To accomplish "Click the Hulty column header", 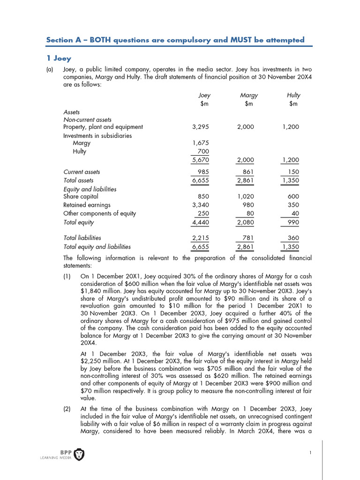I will tap(293, 95).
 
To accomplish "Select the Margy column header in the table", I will tap(248, 95).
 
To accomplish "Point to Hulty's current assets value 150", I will tap(293, 172).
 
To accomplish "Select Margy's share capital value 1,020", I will tap(246, 197).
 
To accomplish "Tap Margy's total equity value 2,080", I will tap(246, 222).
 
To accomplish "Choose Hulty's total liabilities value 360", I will tap(293, 238).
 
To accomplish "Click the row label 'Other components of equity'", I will tap(99, 213).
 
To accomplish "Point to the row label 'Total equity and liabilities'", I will tap(97, 247).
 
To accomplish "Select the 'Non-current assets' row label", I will tap(87, 120).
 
